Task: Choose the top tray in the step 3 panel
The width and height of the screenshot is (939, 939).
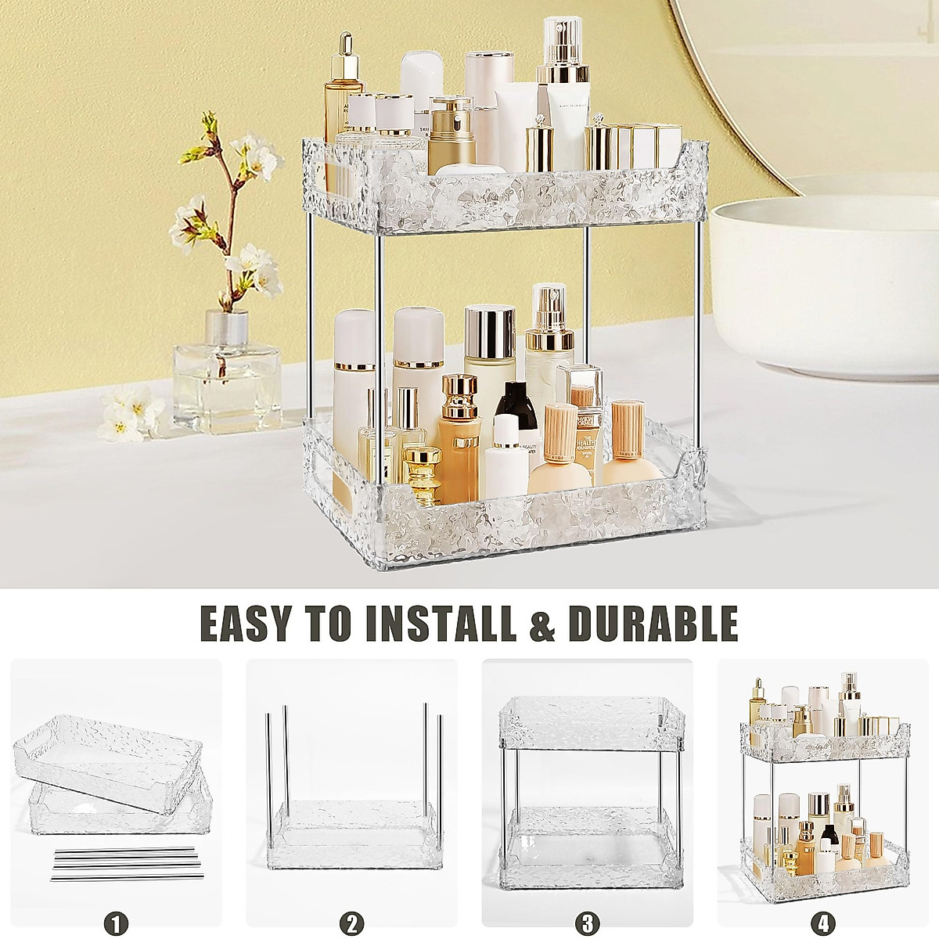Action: pyautogui.click(x=587, y=720)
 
